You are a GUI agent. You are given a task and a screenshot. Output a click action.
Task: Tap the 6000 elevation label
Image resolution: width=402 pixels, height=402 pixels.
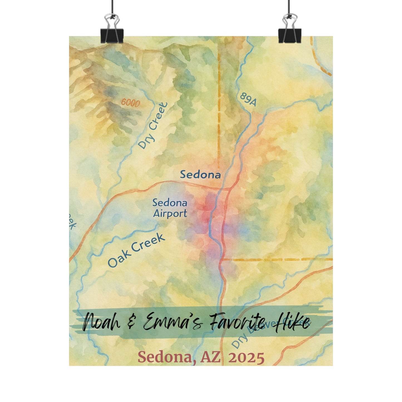point(130,103)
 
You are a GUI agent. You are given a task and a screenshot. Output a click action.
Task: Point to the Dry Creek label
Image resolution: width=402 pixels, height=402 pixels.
point(153,125)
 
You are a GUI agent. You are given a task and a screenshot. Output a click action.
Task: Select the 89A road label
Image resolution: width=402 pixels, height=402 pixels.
point(248,99)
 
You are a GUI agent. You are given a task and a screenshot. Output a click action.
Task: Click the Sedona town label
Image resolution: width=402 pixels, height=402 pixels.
point(200,175)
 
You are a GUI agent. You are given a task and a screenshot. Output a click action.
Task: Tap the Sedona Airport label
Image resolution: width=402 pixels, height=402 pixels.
point(170,208)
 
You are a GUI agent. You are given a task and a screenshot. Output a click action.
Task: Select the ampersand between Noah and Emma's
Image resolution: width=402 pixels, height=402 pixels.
point(131,323)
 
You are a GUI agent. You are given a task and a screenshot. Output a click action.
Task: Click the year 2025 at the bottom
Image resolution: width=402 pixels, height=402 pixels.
point(246,358)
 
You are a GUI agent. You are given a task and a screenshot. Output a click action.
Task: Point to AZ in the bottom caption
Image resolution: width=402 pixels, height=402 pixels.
point(210,358)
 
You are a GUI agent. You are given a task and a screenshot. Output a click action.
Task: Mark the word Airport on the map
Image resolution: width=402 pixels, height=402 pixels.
point(170,214)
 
